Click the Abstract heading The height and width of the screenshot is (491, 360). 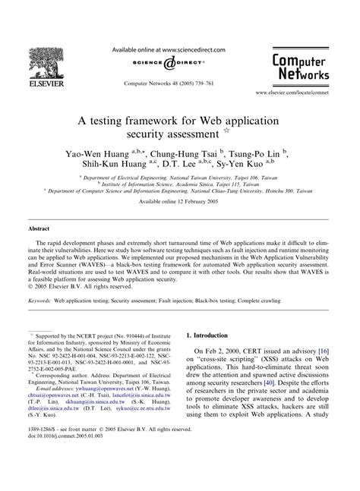pos(39,228)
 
